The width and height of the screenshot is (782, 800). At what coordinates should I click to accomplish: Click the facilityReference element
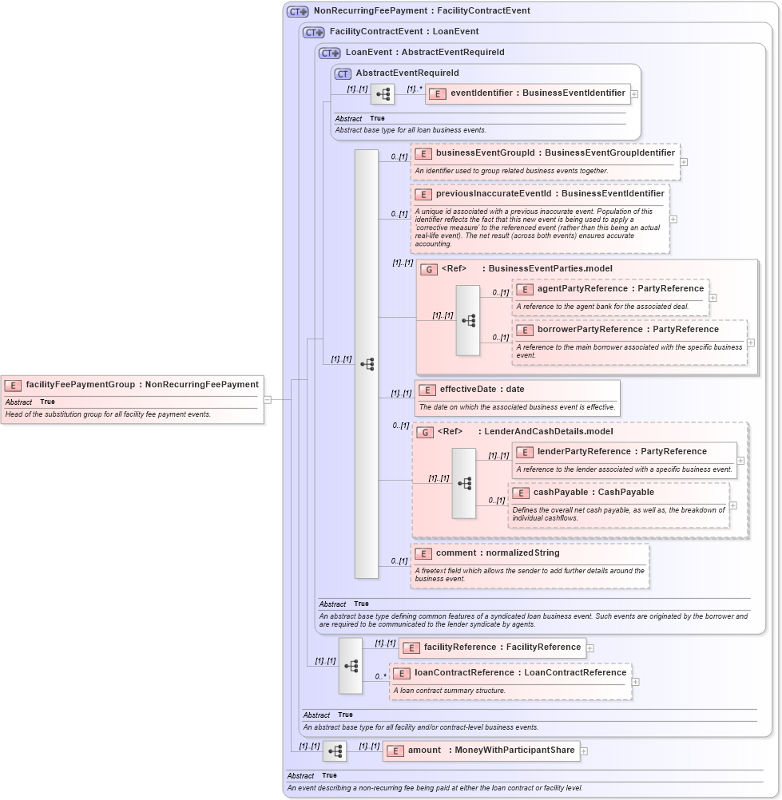pos(502,648)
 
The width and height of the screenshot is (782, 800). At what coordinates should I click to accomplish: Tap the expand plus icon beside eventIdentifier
pos(634,93)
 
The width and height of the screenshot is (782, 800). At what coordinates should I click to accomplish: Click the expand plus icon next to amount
pos(584,750)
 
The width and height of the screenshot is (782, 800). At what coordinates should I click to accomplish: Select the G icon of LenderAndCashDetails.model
pos(426,432)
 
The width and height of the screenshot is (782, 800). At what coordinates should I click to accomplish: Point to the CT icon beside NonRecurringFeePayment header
pos(298,11)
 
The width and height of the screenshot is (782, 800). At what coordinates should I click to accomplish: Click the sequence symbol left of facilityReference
pos(350,665)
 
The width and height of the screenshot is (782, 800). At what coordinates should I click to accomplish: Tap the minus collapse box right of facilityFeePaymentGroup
pos(268,399)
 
